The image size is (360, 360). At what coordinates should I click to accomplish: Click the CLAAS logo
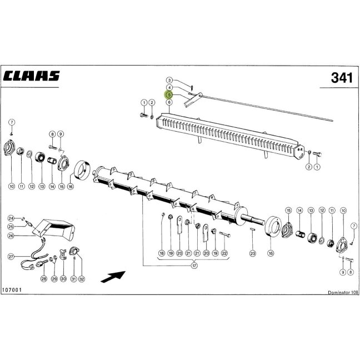(32, 76)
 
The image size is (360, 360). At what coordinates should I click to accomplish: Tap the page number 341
(342, 78)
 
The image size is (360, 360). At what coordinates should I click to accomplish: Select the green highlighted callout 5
(169, 94)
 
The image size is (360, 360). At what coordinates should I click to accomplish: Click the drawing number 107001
(12, 290)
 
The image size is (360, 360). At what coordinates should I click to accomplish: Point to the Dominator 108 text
(343, 292)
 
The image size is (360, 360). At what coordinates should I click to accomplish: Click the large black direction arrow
(113, 277)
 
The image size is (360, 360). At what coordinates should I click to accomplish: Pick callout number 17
(194, 266)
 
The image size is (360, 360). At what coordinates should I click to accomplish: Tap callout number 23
(253, 253)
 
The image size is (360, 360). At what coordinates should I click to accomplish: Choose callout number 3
(169, 80)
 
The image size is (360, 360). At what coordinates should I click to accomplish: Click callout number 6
(169, 102)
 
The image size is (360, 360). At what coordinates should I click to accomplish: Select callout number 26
(11, 236)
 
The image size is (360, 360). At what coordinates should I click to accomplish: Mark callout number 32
(82, 279)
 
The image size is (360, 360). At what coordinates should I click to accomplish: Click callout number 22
(224, 253)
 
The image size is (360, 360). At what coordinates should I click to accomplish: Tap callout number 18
(162, 253)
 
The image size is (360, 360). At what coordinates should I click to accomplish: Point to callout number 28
(44, 279)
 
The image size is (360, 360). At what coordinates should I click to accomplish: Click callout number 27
(11, 257)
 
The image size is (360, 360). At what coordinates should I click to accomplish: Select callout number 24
(11, 218)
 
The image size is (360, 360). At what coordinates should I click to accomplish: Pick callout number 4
(169, 87)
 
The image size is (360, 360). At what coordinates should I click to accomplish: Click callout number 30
(63, 279)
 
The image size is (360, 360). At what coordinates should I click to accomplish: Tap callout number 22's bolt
(225, 234)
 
